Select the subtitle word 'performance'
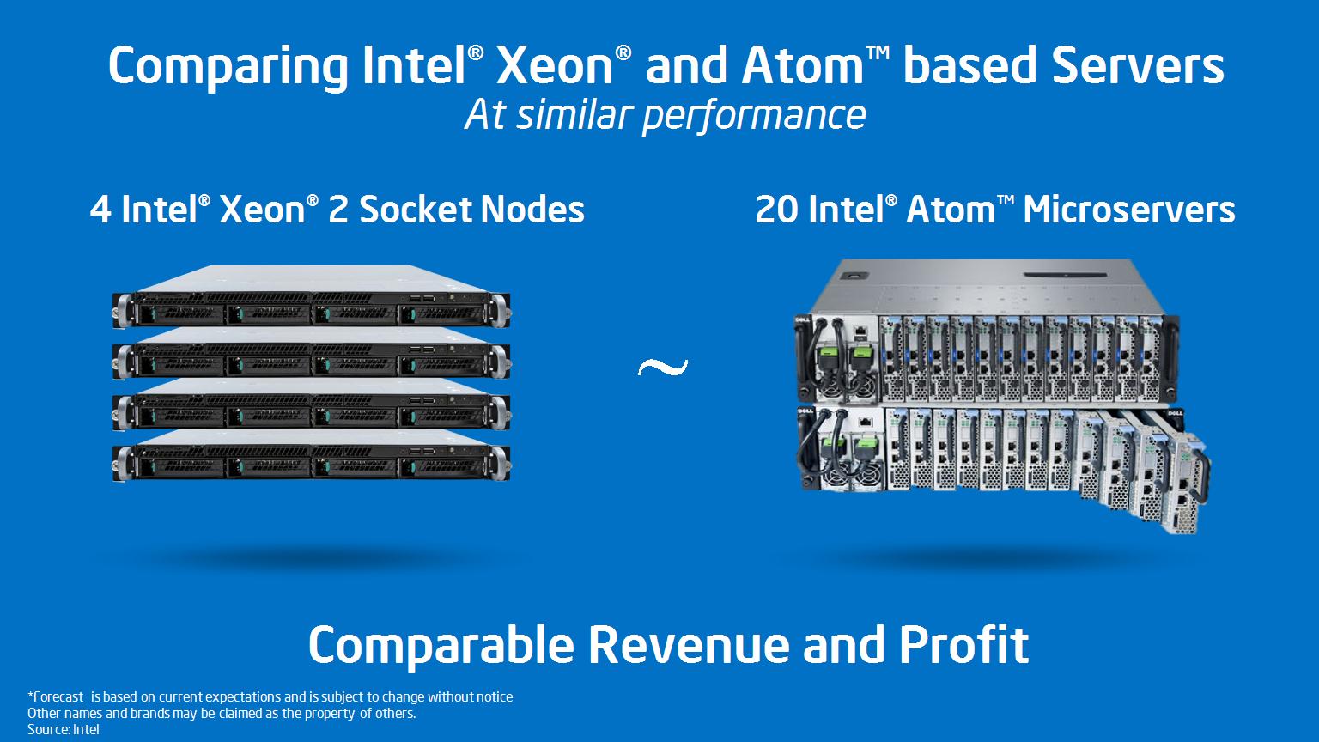coord(754,115)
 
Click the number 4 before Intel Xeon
coord(100,210)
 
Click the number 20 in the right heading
coord(776,210)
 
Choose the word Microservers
coord(1128,210)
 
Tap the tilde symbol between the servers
coord(663,368)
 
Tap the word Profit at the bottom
coord(963,646)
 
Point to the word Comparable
coord(441,646)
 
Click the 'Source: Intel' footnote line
coord(64,729)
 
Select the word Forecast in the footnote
coord(58,696)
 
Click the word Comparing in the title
coord(228,67)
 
